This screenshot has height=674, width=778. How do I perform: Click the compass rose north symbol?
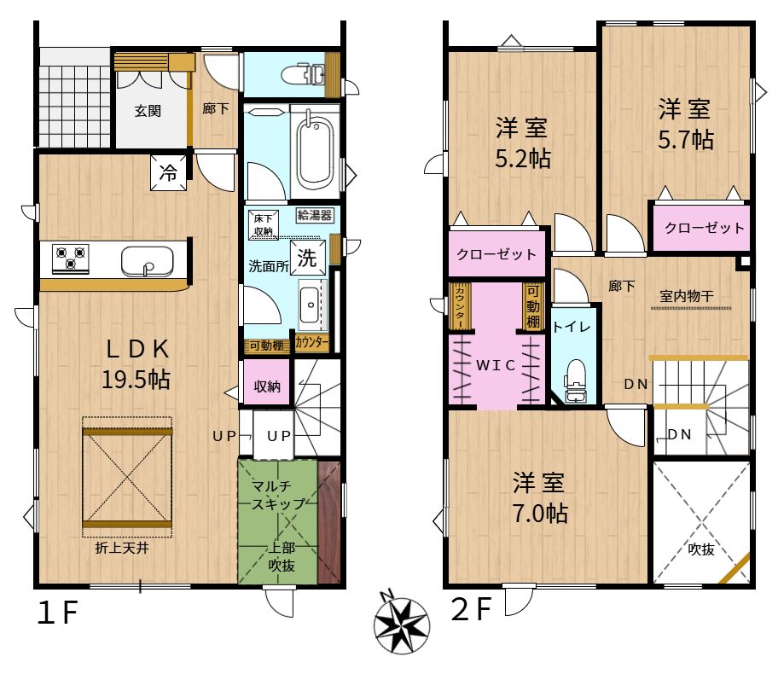(402, 625)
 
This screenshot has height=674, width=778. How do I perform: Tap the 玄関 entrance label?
(148, 111)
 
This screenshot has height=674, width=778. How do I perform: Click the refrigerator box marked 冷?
(169, 172)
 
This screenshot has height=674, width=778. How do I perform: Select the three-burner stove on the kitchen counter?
(71, 259)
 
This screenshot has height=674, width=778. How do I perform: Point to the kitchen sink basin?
(148, 261)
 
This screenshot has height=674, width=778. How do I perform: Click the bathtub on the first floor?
(315, 150)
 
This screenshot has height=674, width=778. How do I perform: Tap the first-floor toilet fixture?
(303, 75)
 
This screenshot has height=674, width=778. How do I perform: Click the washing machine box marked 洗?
(308, 257)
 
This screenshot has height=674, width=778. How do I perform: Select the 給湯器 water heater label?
(315, 215)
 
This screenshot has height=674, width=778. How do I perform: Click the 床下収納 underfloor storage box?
(264, 225)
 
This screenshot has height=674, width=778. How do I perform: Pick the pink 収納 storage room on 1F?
(266, 381)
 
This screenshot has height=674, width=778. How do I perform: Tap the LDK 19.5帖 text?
(137, 364)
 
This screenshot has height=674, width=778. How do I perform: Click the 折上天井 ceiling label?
(122, 548)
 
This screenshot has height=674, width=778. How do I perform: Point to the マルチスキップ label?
(278, 495)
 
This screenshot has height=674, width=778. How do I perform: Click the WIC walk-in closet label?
(496, 365)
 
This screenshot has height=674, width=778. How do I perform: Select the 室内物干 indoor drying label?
(687, 296)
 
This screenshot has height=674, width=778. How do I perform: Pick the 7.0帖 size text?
(540, 514)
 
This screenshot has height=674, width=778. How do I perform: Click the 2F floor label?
(471, 609)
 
